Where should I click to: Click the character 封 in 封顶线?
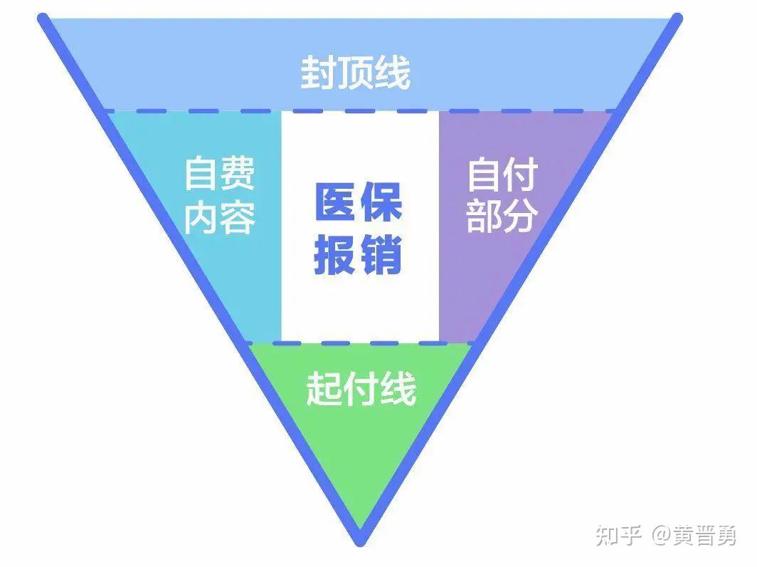[x=318, y=73]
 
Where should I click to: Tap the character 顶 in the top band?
[x=355, y=73]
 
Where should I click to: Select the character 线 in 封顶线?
[x=393, y=73]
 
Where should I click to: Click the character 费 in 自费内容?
[x=238, y=172]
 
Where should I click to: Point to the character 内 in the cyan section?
[x=202, y=217]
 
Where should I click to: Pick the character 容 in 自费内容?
[x=238, y=217]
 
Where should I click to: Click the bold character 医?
[x=336, y=202]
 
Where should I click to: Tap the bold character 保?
[x=381, y=202]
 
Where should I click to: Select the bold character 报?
[x=336, y=255]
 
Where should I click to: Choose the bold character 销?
[x=381, y=255]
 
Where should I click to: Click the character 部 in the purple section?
[x=485, y=215]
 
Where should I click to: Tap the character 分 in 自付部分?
[x=521, y=215]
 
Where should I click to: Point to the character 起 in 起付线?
[x=324, y=388]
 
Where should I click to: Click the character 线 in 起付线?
[x=398, y=388]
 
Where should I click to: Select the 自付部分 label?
[x=502, y=194]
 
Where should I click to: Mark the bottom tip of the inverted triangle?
[x=360, y=543]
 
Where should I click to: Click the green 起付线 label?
[x=361, y=388]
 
